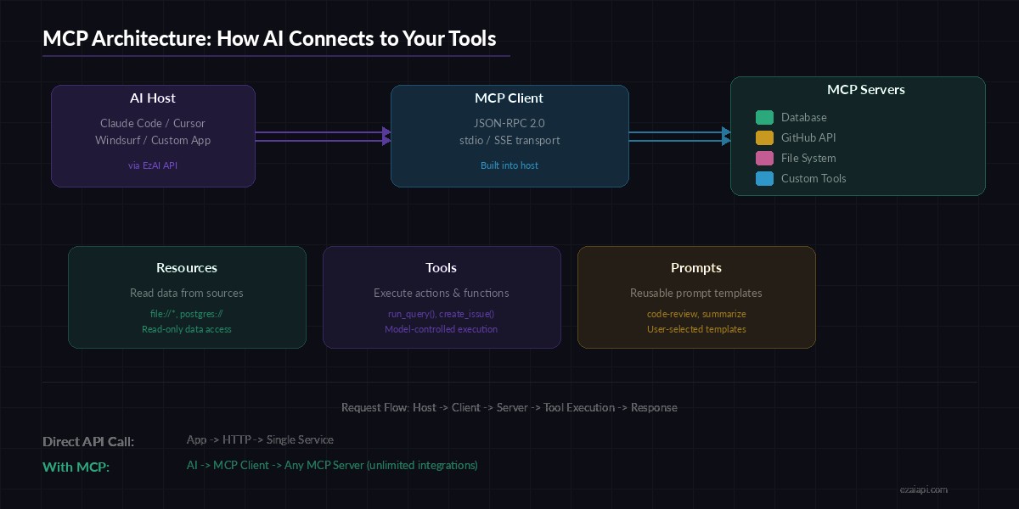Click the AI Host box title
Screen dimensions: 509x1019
[153, 98]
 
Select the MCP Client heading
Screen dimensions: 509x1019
[509, 98]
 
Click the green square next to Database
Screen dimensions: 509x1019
[764, 118]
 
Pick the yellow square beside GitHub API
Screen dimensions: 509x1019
[764, 138]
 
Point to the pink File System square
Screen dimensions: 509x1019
[764, 159]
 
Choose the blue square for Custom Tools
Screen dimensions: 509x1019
[764, 179]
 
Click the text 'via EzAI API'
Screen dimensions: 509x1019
[153, 165]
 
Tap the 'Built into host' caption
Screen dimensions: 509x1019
[509, 165]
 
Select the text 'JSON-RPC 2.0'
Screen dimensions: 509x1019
[509, 123]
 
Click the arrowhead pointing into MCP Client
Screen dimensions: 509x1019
[386, 136]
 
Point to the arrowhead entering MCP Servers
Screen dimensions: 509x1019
[726, 136]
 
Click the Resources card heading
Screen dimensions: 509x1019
[187, 268]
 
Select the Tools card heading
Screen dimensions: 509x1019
[442, 268]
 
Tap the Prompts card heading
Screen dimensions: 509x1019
[696, 268]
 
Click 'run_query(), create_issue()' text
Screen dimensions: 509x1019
[442, 315]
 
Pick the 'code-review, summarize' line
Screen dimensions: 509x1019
[696, 315]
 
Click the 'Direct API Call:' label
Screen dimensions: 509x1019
[88, 442]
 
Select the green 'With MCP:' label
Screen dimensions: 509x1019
[76, 467]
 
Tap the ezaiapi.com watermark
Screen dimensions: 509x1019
[923, 489]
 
